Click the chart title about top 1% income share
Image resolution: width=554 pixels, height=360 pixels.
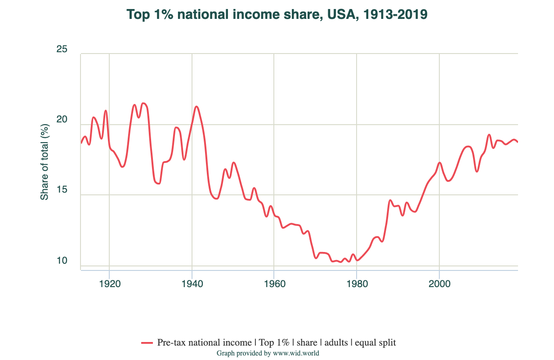(x=277, y=15)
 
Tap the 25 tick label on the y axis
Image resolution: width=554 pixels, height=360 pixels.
(x=62, y=49)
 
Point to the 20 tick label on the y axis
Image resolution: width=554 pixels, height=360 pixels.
(x=62, y=120)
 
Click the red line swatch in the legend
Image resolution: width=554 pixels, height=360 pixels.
(x=147, y=343)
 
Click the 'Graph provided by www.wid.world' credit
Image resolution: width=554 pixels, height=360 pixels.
(x=268, y=353)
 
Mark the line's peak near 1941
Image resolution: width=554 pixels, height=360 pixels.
(x=197, y=107)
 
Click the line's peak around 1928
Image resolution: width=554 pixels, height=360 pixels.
(x=143, y=103)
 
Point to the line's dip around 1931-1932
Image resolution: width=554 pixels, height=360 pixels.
(x=158, y=183)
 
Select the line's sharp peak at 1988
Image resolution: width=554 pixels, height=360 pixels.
(x=390, y=200)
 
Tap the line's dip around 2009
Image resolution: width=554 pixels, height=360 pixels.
(x=477, y=171)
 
